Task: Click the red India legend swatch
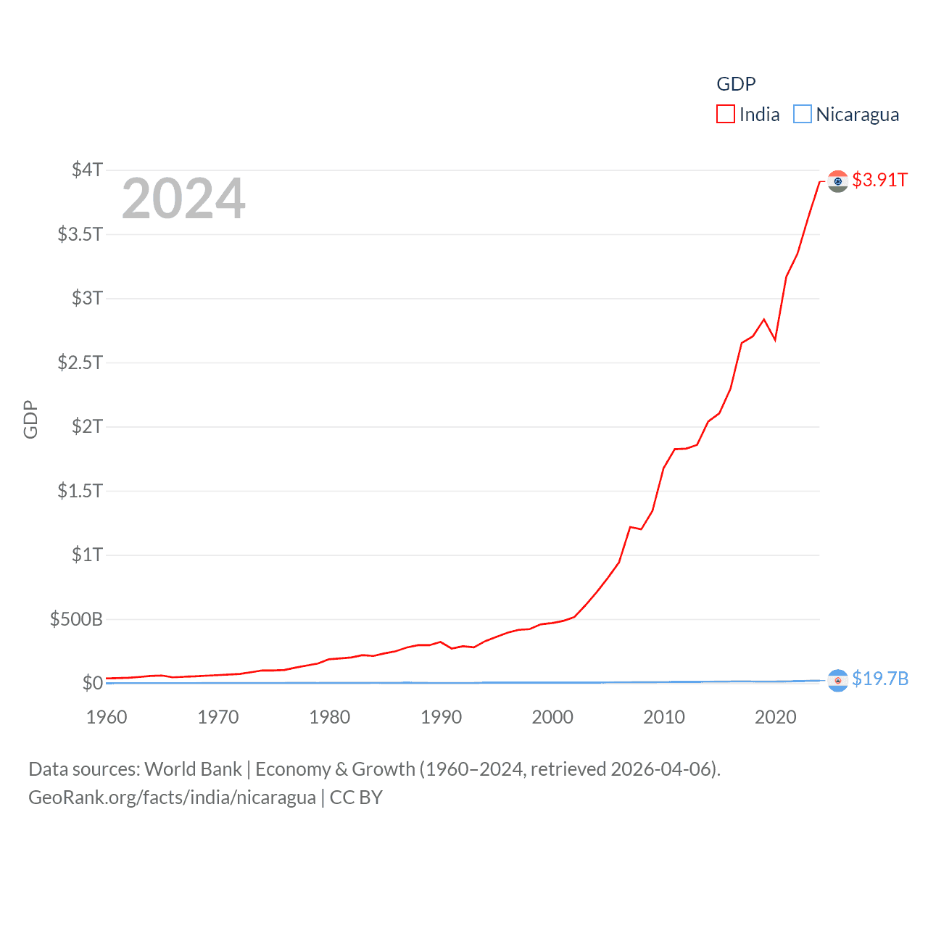coord(725,115)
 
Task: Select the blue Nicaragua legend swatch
coord(802,115)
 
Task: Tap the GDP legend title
coord(736,84)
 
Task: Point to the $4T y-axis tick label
coord(87,170)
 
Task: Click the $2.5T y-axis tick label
coord(80,362)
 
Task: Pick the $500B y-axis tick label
coord(76,619)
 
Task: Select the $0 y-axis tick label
coord(92,683)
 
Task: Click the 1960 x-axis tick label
coord(107,717)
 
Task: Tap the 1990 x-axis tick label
coord(441,717)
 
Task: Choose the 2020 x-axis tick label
coord(775,717)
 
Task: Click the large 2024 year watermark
coord(183,199)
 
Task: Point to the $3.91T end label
coord(879,180)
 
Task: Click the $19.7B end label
coord(879,679)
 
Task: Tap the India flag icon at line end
coord(837,181)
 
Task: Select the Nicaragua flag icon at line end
coord(837,680)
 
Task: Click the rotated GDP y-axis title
coord(30,419)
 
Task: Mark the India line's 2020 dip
coord(775,339)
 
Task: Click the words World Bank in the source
coord(193,768)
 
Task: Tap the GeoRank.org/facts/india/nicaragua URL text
coord(172,797)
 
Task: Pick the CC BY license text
coord(356,797)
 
